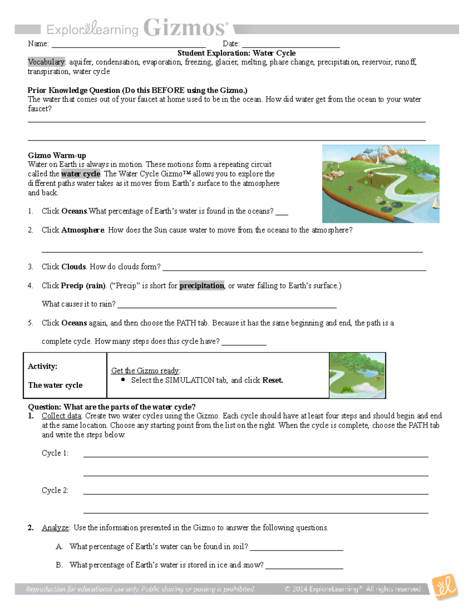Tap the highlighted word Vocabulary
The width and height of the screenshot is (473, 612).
(x=46, y=62)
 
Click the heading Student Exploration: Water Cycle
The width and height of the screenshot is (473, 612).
(x=236, y=53)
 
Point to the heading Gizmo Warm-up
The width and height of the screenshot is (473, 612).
(x=57, y=155)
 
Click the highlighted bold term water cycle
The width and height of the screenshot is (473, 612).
(x=81, y=174)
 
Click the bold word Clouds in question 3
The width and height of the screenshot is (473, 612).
(x=73, y=267)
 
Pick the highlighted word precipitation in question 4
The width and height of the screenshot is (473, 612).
(x=202, y=286)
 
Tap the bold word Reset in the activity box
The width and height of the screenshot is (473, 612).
(x=272, y=380)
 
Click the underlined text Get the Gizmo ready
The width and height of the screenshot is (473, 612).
(x=145, y=370)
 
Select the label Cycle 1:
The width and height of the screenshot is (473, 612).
(x=55, y=453)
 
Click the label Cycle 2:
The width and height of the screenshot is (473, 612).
(x=55, y=490)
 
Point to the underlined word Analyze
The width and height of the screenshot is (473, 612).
(x=55, y=528)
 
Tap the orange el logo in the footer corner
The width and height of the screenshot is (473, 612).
(x=445, y=587)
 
